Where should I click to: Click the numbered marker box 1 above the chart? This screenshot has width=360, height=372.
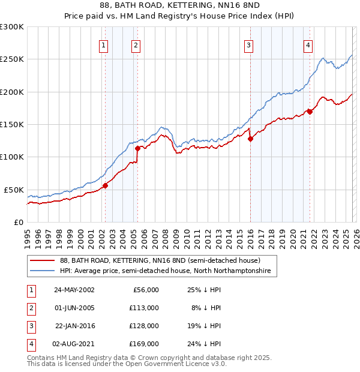click(104, 45)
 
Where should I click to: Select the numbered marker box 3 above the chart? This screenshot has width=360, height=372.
click(248, 45)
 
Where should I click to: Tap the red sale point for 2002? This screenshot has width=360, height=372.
click(105, 185)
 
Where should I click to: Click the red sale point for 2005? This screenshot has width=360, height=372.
click(137, 148)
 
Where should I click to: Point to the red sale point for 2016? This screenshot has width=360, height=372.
click(250, 139)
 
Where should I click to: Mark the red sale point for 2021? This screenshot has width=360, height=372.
click(310, 112)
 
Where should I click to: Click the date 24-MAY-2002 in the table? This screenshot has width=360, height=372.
click(74, 290)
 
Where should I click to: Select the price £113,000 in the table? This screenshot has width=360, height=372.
click(145, 308)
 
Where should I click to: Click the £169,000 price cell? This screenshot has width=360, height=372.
click(145, 344)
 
